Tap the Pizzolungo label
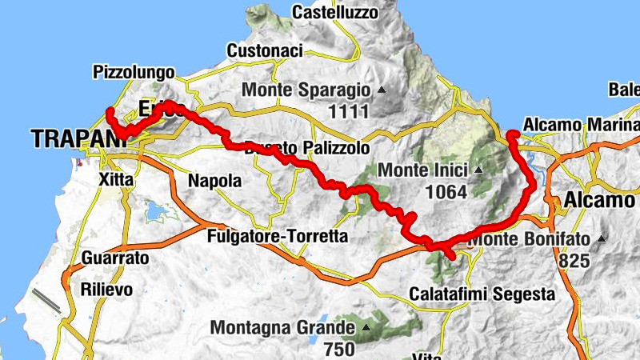click(x=134, y=71)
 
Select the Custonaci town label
click(x=264, y=50)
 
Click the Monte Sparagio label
click(x=308, y=90)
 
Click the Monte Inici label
click(x=422, y=170)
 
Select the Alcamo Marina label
click(x=580, y=126)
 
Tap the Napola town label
click(x=214, y=181)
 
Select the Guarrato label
click(x=115, y=258)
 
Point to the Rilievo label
click(x=106, y=290)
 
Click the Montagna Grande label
click(x=282, y=328)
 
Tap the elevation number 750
click(x=341, y=349)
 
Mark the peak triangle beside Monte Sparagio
click(x=381, y=90)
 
